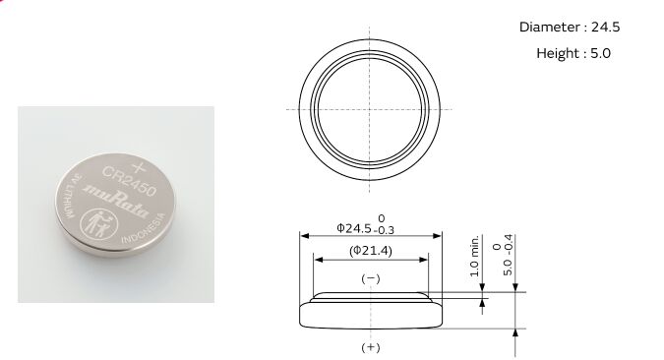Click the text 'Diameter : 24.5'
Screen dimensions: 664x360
point(570,28)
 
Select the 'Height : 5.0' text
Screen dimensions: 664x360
point(573,53)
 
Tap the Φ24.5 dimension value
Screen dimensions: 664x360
point(354,228)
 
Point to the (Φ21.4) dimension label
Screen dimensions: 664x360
point(371,251)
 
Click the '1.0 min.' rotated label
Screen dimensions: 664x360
point(474,256)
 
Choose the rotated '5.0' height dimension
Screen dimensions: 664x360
point(508,268)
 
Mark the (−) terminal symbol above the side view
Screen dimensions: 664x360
point(371,278)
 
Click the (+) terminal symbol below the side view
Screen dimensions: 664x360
point(371,348)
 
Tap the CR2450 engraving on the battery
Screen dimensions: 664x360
point(129,181)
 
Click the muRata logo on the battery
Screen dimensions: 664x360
point(116,200)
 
